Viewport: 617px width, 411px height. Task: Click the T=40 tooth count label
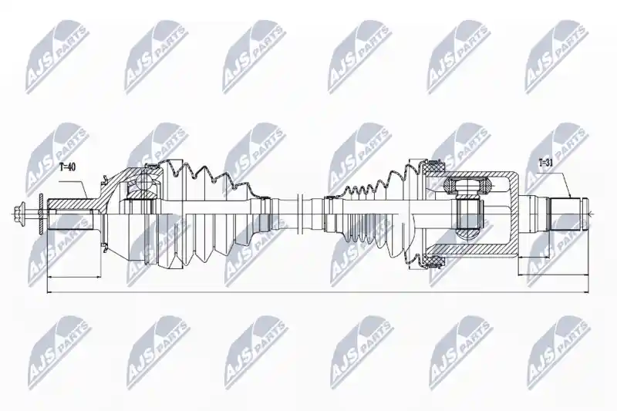coord(67,167)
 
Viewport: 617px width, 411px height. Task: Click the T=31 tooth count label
coord(545,163)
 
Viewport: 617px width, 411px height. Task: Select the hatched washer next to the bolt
coord(41,214)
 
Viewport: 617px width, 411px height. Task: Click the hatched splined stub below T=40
coord(71,204)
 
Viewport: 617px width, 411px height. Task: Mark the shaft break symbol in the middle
coord(299,214)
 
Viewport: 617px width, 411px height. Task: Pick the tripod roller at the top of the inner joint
coord(469,184)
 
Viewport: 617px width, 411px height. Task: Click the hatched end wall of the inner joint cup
coord(514,214)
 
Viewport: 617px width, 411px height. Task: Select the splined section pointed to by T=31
coord(565,214)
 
